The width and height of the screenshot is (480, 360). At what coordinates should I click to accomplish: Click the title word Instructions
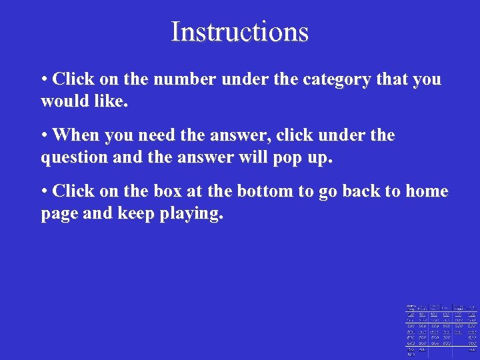pyautogui.click(x=239, y=31)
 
